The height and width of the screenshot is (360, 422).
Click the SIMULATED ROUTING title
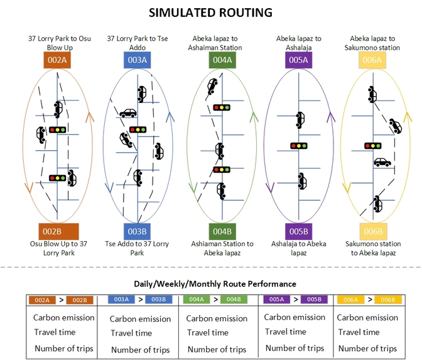(212, 13)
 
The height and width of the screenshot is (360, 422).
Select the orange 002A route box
(60, 60)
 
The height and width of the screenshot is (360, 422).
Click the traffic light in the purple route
(300, 146)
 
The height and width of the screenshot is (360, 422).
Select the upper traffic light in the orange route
(58, 130)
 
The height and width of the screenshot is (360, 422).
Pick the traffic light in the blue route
(138, 129)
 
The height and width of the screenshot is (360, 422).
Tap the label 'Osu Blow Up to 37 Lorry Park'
(60, 248)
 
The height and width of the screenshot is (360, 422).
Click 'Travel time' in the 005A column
(286, 332)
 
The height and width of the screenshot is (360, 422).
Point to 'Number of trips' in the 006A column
(367, 348)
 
